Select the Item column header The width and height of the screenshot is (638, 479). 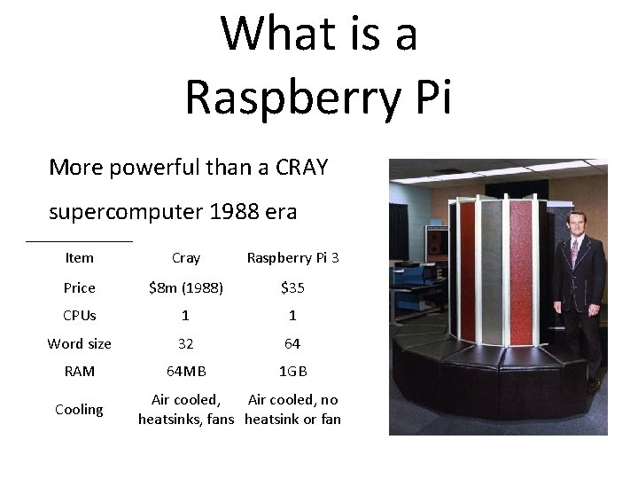point(79,258)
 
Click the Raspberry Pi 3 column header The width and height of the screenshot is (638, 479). point(292,258)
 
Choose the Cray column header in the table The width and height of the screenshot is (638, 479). point(186,258)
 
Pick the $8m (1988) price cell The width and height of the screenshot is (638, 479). point(186,288)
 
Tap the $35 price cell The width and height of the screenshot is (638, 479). point(292,288)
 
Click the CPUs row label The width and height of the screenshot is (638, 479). point(79,316)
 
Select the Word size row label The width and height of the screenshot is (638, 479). point(79,344)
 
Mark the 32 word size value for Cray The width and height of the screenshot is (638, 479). point(186,344)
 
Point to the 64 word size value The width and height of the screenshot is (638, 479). point(292,344)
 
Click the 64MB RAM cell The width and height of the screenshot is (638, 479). point(186,372)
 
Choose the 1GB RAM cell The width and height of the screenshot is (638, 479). point(292,372)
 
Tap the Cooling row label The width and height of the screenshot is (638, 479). point(79,410)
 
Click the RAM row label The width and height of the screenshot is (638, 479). point(79,372)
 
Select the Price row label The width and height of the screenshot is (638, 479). point(79,288)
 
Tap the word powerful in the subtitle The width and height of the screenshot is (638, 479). point(150,167)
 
